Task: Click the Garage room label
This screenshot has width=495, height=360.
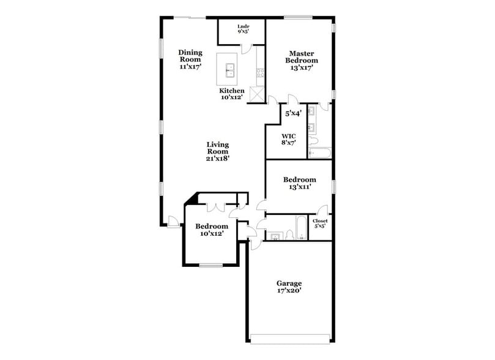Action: [x=289, y=287]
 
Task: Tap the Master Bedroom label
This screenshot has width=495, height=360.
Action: [x=302, y=61]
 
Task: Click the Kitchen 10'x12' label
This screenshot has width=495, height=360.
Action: [x=232, y=94]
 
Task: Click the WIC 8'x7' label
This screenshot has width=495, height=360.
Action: [x=289, y=139]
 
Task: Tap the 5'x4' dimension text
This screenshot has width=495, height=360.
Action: [x=292, y=113]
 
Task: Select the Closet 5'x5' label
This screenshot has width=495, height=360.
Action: [x=320, y=223]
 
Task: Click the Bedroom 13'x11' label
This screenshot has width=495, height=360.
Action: [x=299, y=184]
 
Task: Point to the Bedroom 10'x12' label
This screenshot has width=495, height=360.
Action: [x=212, y=230]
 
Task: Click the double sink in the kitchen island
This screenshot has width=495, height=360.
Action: [x=230, y=70]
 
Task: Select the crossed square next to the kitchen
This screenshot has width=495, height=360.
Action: [x=257, y=94]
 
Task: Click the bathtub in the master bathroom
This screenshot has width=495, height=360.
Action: [x=320, y=153]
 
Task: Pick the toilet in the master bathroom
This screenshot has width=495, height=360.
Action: [x=313, y=141]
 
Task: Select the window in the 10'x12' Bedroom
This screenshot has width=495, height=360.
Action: [x=211, y=265]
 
